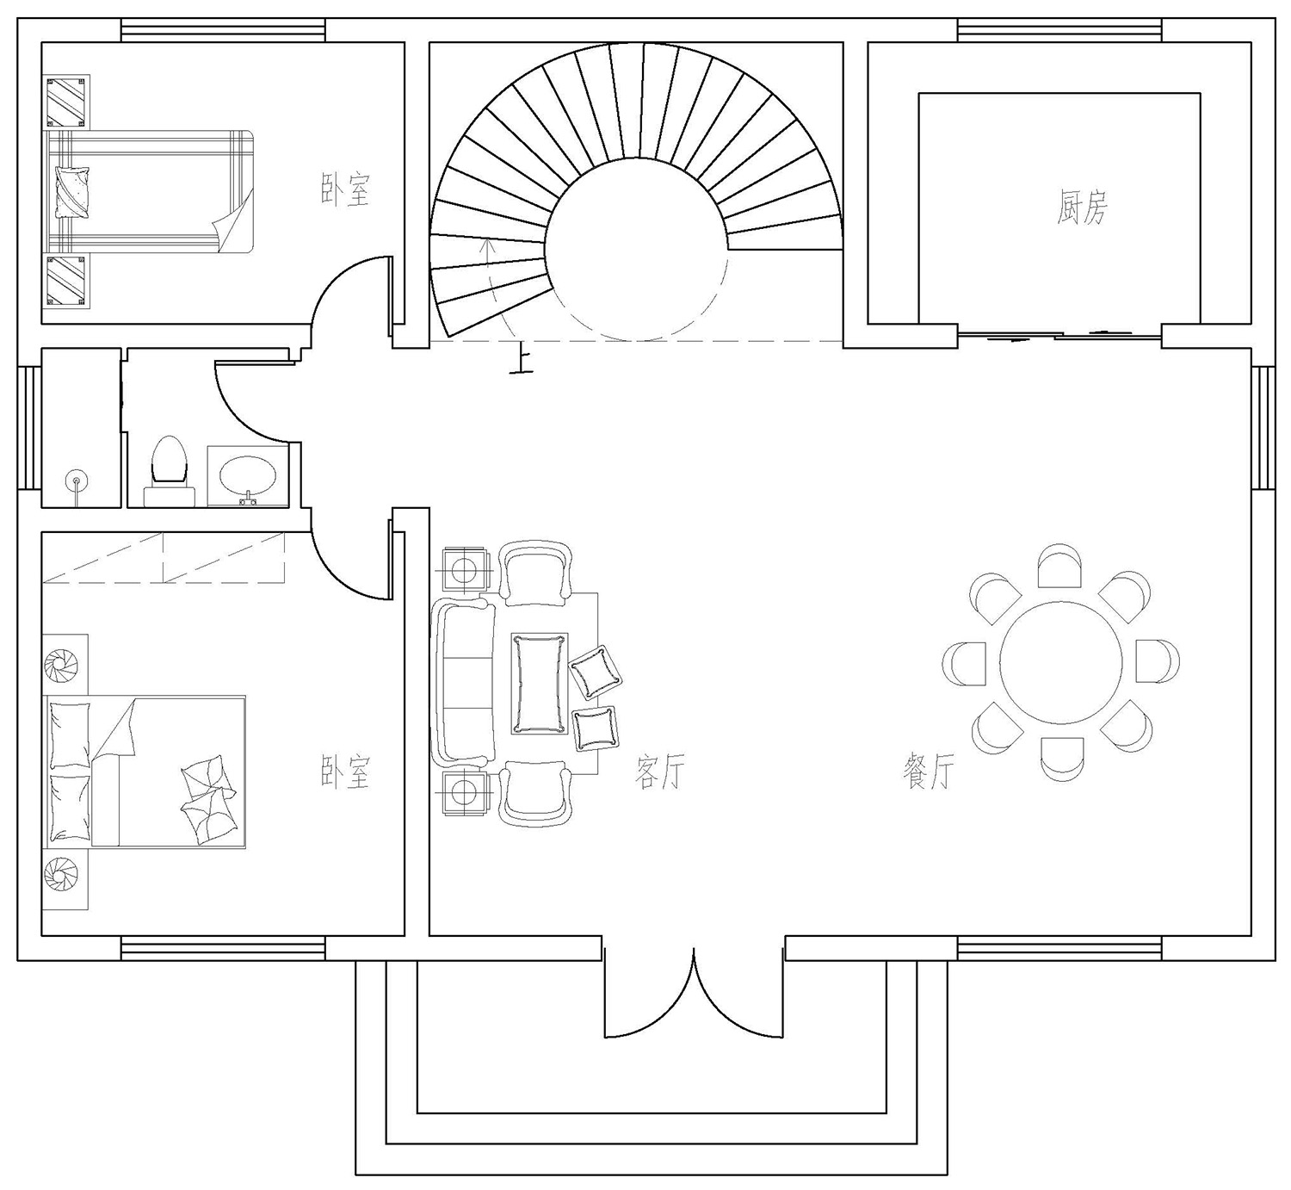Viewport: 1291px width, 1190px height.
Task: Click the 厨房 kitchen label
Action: [x=1081, y=208]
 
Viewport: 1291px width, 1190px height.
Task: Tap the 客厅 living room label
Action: [x=659, y=772]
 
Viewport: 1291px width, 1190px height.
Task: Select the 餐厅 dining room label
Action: [x=928, y=772]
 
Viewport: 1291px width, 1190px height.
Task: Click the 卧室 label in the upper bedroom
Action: [x=346, y=189]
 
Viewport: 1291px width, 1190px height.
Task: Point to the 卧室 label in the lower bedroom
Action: [x=346, y=772]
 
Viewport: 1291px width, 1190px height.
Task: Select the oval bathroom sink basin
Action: [x=248, y=475]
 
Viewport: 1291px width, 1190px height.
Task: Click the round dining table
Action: [x=1060, y=663]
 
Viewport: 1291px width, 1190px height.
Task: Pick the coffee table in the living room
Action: [x=540, y=684]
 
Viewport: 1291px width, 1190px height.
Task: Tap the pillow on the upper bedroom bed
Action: [x=74, y=191]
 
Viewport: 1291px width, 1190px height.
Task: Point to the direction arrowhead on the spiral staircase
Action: [x=489, y=245]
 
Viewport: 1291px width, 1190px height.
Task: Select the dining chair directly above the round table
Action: [x=1059, y=566]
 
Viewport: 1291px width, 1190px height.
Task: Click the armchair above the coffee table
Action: [x=535, y=573]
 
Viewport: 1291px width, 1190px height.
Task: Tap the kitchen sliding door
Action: [x=1059, y=335]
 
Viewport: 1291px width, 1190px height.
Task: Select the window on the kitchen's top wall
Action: [x=1060, y=30]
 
